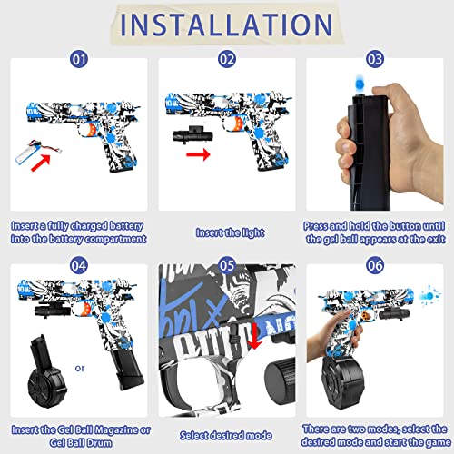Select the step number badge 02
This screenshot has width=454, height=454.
pos(225,60)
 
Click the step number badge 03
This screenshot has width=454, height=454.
pos(373,60)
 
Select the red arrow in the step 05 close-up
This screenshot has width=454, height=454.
pos(255,338)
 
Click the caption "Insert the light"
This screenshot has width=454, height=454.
pos(225,232)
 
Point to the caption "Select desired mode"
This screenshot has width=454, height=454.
pos(225,436)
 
